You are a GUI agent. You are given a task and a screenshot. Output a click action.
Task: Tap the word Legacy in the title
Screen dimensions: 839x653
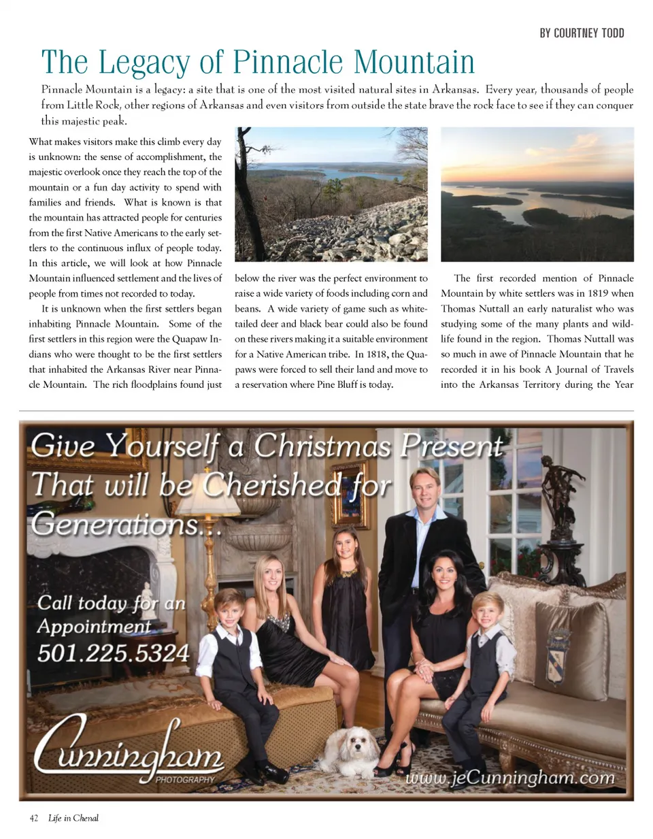(x=145, y=63)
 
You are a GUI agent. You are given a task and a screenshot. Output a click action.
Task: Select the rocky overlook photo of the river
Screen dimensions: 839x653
(x=331, y=195)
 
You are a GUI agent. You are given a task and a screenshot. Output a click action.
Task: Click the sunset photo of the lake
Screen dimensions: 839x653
(x=537, y=195)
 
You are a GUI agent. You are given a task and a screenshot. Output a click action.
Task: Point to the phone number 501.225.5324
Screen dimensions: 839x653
(x=113, y=653)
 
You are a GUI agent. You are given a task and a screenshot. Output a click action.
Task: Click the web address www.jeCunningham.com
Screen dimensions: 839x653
(x=510, y=777)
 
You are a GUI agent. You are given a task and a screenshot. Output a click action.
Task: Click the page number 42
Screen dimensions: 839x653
(x=34, y=818)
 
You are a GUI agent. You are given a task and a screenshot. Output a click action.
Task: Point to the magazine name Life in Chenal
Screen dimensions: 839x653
(x=73, y=818)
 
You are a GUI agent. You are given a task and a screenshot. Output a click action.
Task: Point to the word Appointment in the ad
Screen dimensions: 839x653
(x=94, y=626)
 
